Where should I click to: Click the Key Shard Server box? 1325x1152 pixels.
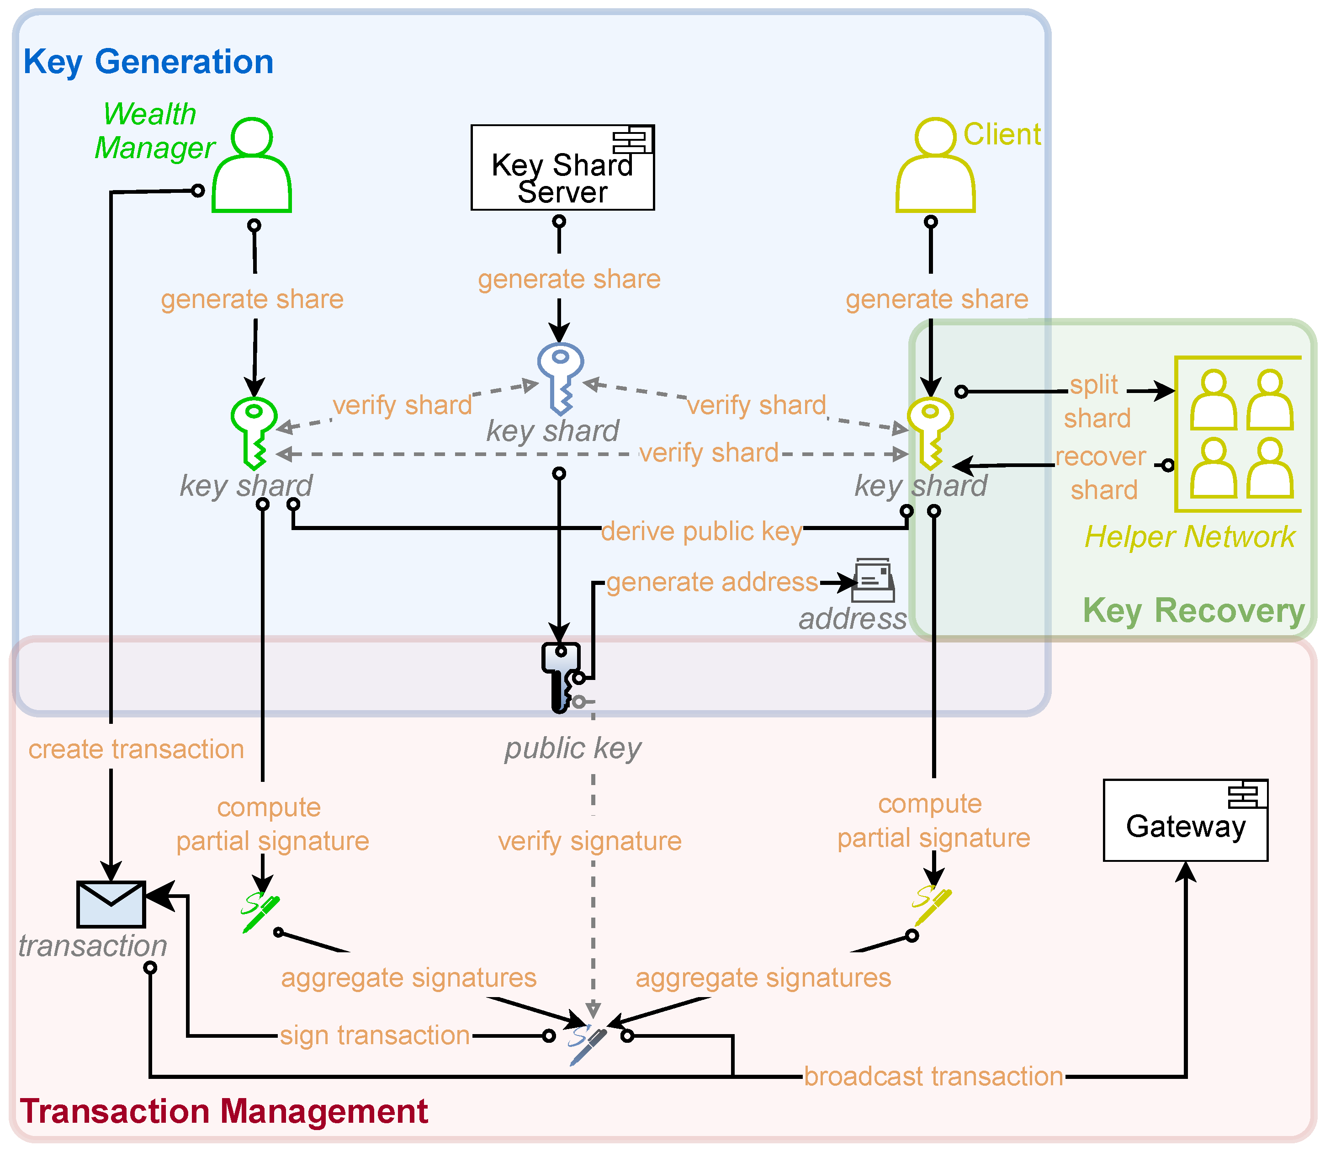click(562, 167)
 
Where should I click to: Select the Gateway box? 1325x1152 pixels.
click(1185, 820)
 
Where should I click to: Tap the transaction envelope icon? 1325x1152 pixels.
click(111, 904)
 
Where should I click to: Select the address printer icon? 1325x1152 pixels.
click(873, 580)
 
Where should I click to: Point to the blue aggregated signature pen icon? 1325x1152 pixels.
click(588, 1045)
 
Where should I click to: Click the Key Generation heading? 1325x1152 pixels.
click(148, 62)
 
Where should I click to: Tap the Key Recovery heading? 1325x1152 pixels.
click(1193, 610)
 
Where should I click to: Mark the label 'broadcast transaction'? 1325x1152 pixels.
click(933, 1076)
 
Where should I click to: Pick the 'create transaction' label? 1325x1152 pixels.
click(136, 749)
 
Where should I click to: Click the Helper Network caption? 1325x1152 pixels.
click(1189, 537)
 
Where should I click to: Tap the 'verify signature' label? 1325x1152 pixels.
click(589, 841)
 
